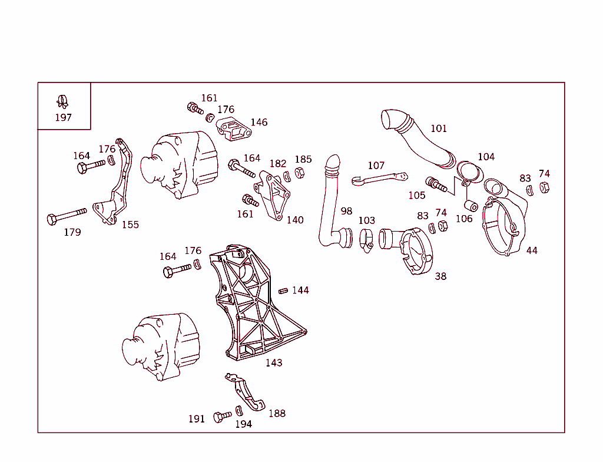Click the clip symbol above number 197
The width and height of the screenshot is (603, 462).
coord(62,102)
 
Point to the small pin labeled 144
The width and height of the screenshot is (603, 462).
coord(283,290)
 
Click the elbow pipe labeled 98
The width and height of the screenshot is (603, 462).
coord(330,206)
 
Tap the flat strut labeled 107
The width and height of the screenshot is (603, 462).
coord(380,178)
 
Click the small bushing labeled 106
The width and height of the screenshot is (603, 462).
coord(471,206)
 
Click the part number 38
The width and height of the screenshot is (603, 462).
coord(440,276)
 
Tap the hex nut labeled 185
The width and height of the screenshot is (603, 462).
coord(299,173)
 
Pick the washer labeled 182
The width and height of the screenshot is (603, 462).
coord(287,176)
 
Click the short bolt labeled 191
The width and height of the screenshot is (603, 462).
coord(222,417)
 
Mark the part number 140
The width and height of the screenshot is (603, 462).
coord(295,220)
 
